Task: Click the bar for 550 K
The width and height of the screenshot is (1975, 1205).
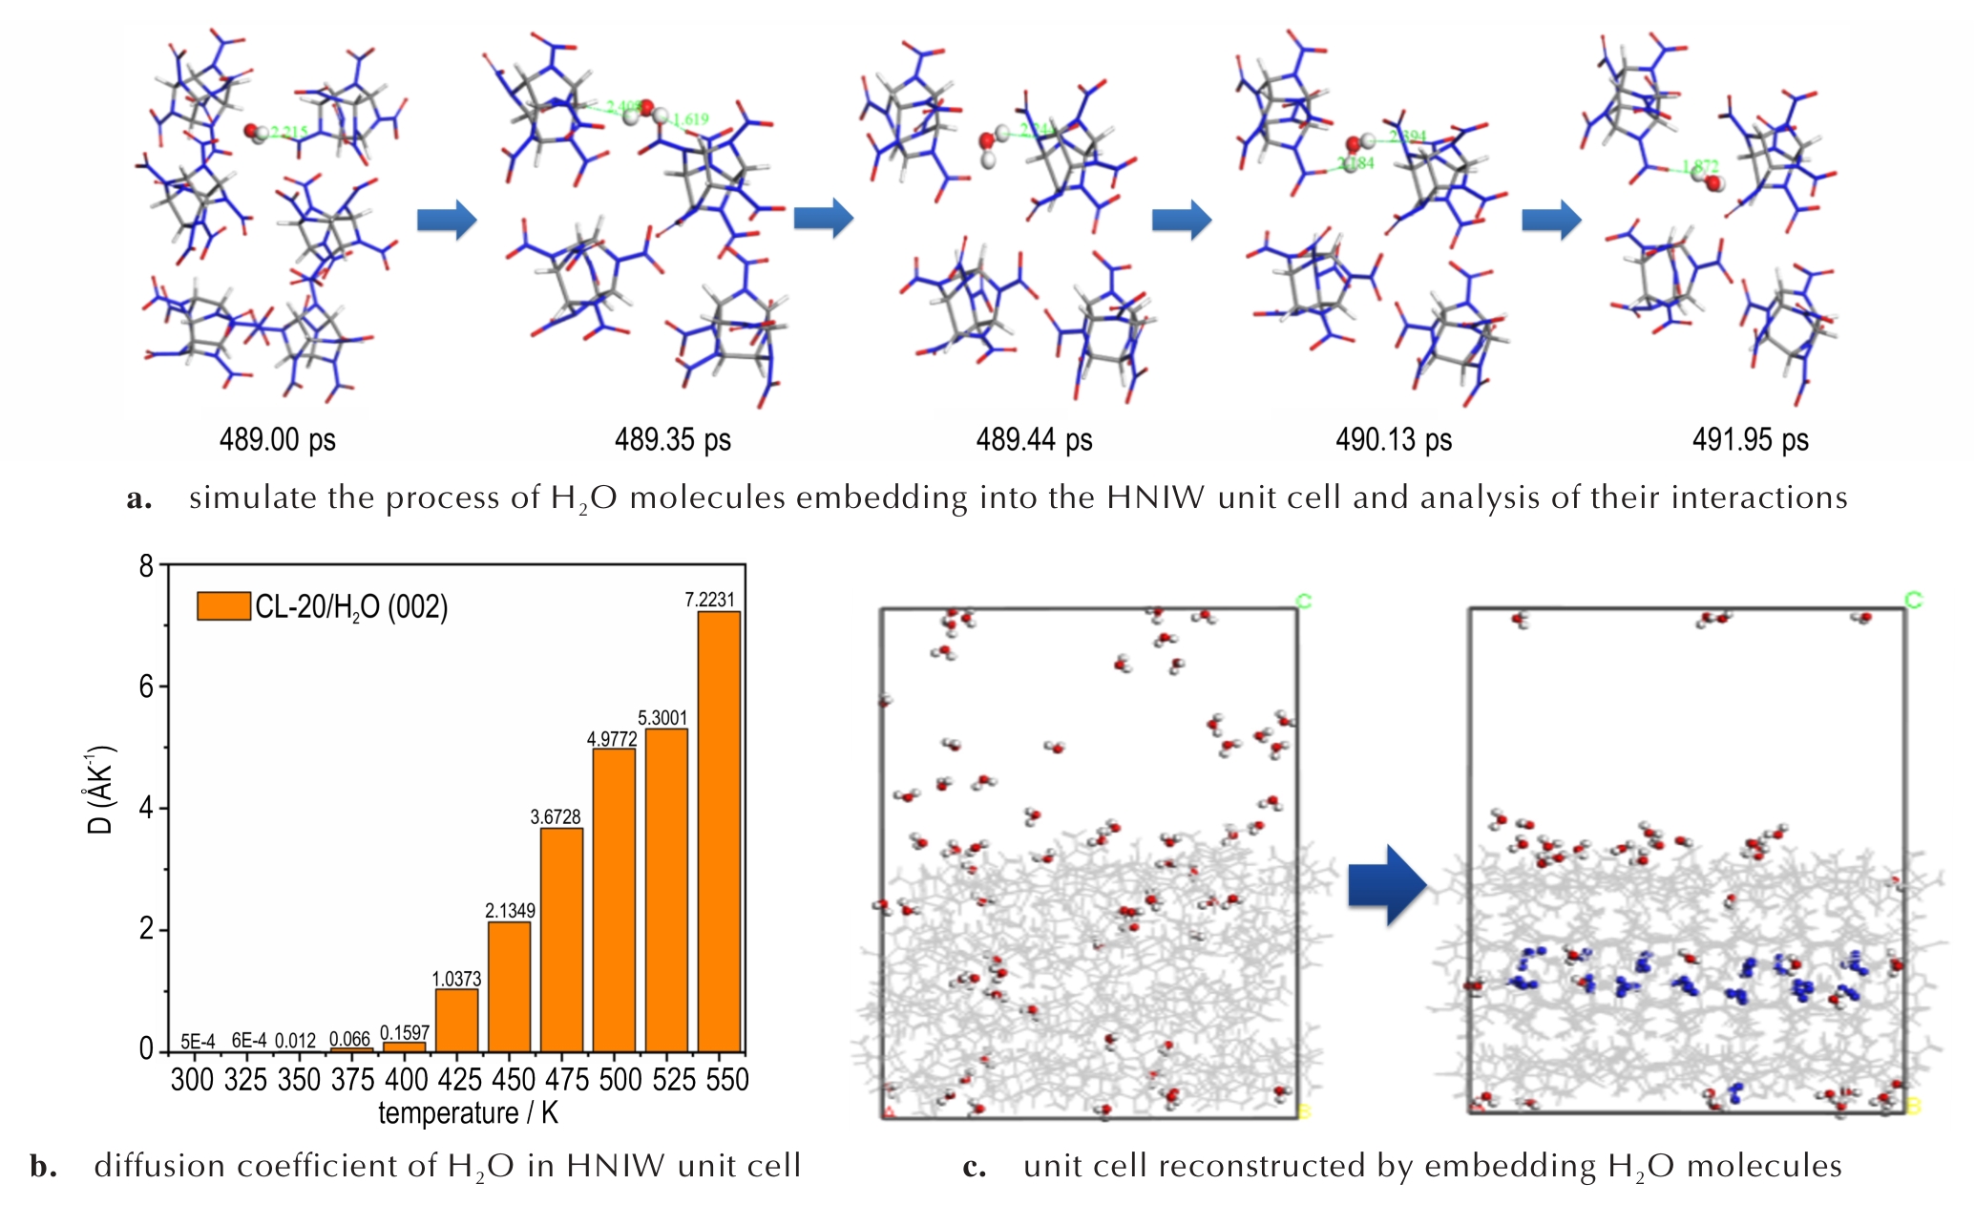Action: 719,831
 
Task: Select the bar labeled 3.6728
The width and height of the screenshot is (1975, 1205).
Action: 561,940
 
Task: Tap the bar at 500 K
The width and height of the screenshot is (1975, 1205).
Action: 614,899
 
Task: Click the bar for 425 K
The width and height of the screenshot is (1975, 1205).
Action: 456,1020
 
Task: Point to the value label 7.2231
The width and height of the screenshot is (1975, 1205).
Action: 709,600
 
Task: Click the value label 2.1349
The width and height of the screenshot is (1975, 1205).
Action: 510,911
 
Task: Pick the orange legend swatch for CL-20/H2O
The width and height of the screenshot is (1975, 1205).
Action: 223,605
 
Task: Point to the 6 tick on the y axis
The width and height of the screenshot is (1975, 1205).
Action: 146,687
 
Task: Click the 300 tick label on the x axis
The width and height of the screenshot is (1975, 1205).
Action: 192,1080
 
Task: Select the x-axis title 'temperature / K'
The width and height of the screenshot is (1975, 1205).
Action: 468,1113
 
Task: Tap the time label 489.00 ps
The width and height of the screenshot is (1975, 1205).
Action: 277,440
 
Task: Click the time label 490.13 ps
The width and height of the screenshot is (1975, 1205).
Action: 1393,440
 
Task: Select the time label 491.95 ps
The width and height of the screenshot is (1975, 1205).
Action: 1750,440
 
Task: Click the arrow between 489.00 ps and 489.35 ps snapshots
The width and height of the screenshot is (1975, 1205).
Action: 446,220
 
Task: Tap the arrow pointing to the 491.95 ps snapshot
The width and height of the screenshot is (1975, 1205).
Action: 1550,220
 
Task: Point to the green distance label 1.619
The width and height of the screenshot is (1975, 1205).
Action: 691,119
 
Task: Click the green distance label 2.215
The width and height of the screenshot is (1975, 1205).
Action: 289,133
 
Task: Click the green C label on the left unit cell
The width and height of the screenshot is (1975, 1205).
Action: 1304,601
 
